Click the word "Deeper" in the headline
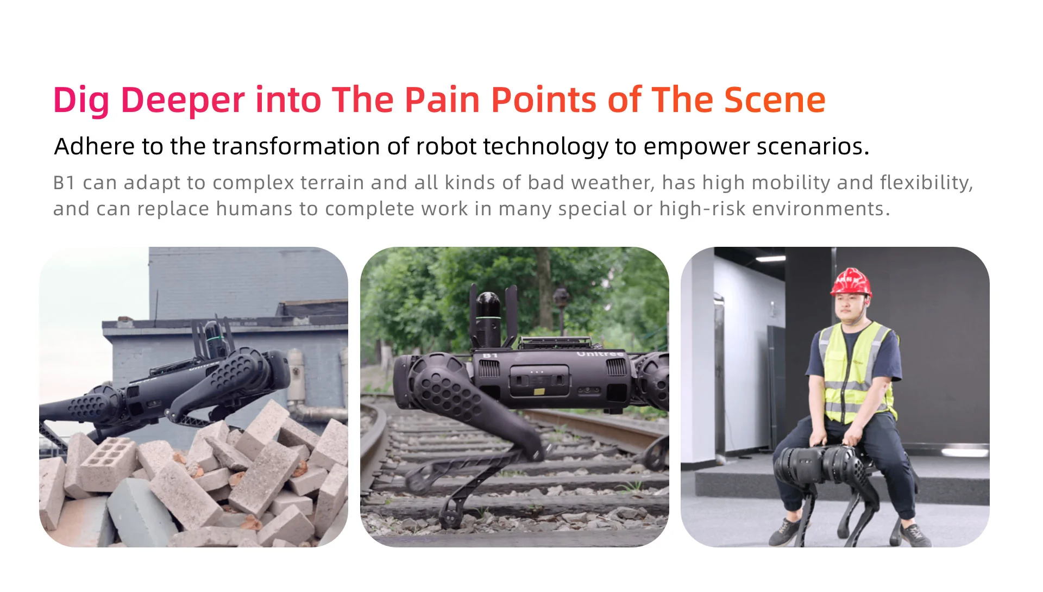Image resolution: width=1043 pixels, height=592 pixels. point(182,101)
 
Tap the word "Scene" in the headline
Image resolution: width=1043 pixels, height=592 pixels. point(775,100)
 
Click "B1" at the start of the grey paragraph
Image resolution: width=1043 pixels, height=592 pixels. point(64,183)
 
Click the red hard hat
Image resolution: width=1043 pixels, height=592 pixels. point(851,283)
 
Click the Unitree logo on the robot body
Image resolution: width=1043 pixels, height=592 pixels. point(600,354)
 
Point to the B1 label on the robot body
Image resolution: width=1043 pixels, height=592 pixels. point(490,355)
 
